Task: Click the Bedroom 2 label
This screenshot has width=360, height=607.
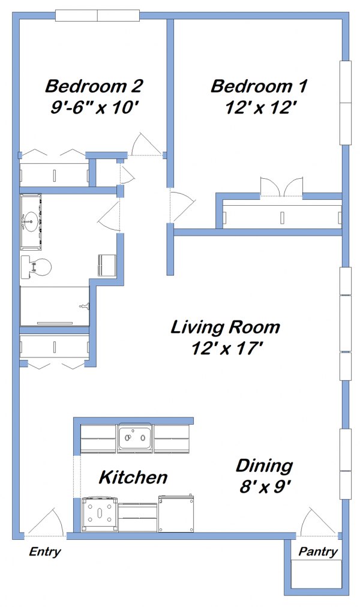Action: [94, 86]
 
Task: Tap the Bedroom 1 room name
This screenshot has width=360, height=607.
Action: [259, 86]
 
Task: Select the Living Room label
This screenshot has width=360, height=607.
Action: [225, 327]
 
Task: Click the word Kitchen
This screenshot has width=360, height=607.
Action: [133, 477]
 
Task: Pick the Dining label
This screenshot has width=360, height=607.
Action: [263, 465]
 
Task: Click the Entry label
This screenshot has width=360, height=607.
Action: [45, 552]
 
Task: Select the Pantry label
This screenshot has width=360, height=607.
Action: [318, 552]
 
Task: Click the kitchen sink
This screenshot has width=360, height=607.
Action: [135, 438]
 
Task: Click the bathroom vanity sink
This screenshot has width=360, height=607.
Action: [30, 221]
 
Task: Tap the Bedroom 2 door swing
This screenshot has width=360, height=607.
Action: [146, 145]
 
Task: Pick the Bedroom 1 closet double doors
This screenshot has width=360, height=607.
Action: [281, 187]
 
